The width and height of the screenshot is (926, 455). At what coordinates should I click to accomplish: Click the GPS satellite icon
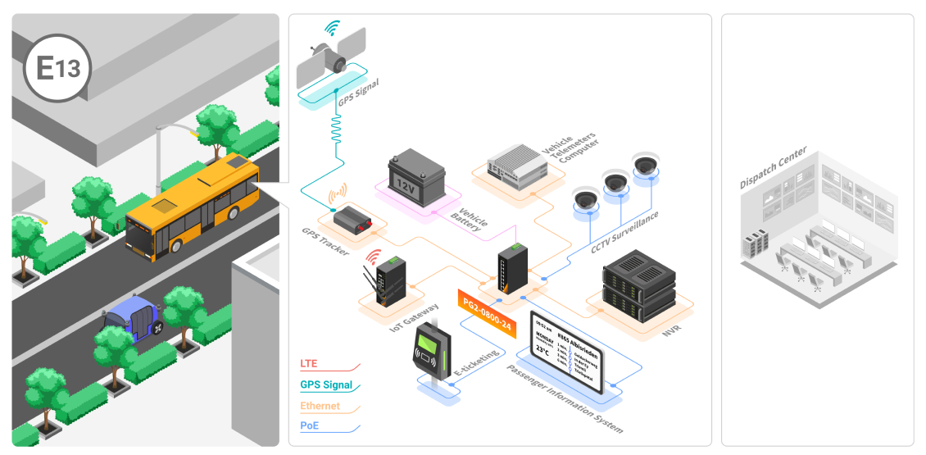(x=331, y=58)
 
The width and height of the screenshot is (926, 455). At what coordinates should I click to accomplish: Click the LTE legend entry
(x=309, y=363)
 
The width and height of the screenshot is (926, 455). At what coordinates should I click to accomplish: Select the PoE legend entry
(x=310, y=426)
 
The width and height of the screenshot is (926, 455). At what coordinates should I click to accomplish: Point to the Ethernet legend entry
(x=320, y=406)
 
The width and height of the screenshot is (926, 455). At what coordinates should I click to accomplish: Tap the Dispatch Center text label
(x=774, y=168)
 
